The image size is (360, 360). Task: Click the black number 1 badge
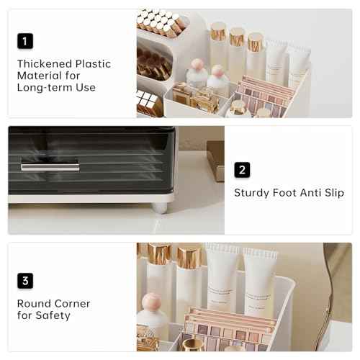tap(25, 41)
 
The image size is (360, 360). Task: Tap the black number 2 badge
tap(242, 170)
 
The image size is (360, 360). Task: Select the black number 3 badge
tap(25, 280)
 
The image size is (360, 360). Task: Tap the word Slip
tap(333, 193)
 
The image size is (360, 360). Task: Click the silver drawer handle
tap(50, 168)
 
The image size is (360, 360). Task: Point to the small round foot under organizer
tap(160, 207)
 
